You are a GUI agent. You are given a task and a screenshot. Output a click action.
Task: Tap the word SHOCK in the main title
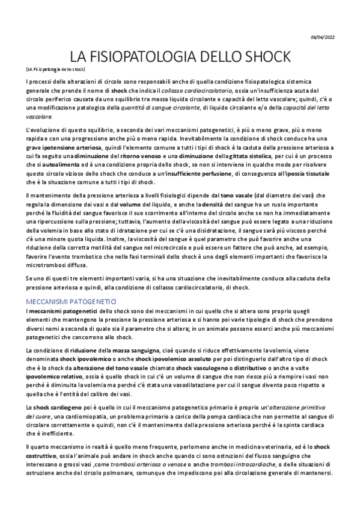tap(264, 58)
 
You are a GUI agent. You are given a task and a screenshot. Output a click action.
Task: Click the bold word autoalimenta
tap(56, 165)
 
